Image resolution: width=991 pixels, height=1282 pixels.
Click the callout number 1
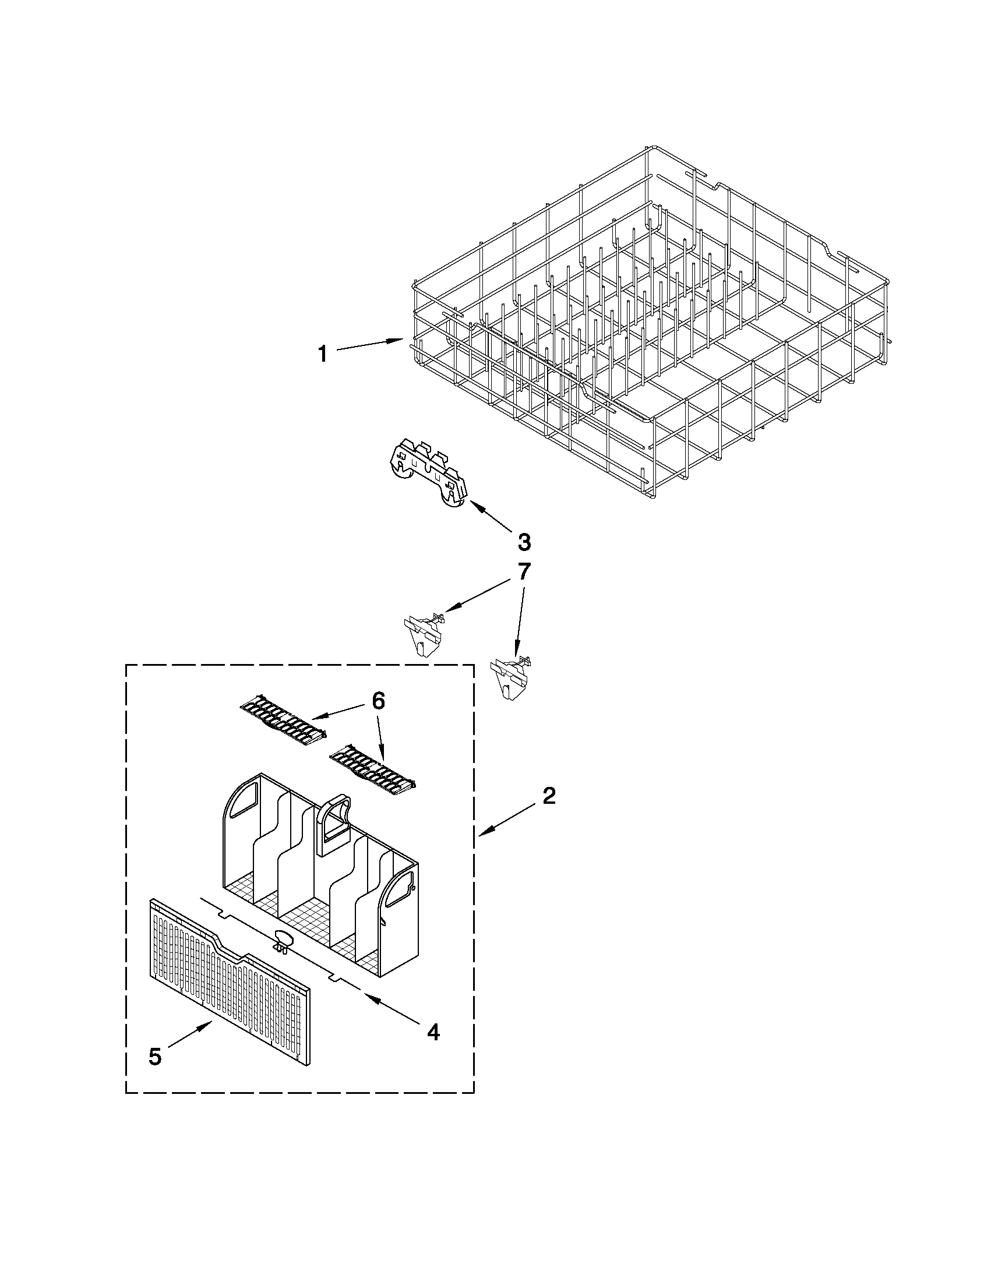point(322,354)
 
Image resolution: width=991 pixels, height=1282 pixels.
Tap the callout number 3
point(524,542)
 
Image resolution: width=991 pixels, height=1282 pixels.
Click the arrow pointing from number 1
point(370,345)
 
